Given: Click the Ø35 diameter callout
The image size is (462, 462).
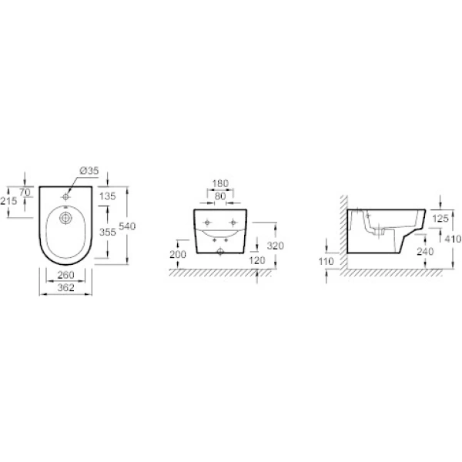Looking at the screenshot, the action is click(89, 171).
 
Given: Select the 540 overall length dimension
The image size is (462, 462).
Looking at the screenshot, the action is click(127, 226).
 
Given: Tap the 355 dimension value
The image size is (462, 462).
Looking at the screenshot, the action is click(107, 233).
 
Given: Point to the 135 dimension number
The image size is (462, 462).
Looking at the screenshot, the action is click(107, 196).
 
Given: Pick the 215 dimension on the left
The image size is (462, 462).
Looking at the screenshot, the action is click(8, 201).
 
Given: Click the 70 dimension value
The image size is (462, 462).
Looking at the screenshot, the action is click(25, 192).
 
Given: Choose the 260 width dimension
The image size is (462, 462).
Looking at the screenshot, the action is click(65, 275).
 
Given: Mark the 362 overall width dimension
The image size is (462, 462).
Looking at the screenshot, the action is click(65, 287).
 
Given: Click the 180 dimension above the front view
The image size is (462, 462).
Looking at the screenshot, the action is click(220, 183).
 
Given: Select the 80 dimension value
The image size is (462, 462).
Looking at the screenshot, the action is click(220, 196).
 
